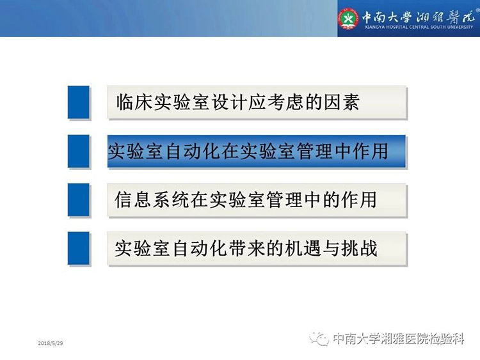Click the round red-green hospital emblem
(x=348, y=19)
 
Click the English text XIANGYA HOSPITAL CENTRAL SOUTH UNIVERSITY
(x=419, y=27)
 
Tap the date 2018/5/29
(x=51, y=343)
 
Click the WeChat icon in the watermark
(x=319, y=339)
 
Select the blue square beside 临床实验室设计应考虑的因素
(x=78, y=102)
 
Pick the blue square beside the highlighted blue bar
(x=78, y=151)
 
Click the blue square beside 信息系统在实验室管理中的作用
(x=78, y=200)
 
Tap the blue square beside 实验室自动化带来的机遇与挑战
(x=78, y=248)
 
